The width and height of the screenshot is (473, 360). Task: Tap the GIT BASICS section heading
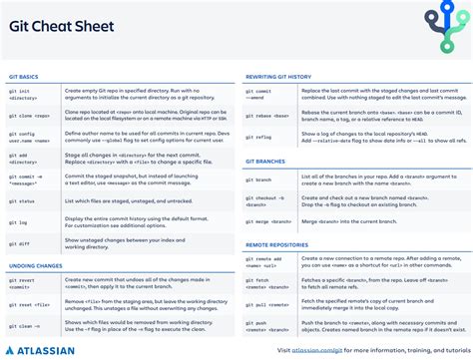tap(25, 75)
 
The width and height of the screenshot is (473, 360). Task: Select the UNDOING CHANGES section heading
tap(37, 265)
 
